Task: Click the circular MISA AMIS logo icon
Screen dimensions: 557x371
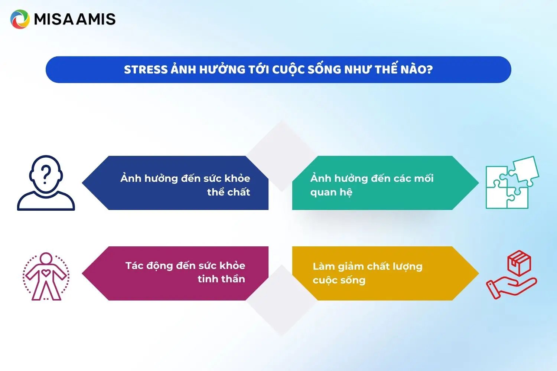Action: pyautogui.click(x=20, y=19)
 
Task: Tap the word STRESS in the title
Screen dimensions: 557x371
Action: pyautogui.click(x=146, y=70)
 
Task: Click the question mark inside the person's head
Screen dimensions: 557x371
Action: pyautogui.click(x=46, y=175)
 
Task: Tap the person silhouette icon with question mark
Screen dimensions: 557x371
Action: pyautogui.click(x=46, y=183)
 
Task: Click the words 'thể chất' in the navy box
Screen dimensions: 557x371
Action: pyautogui.click(x=228, y=192)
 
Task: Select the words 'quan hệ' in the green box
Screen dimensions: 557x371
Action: pyautogui.click(x=331, y=192)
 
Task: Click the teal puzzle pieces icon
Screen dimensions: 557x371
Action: pyautogui.click(x=512, y=183)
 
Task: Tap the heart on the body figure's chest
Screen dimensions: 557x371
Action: pyautogui.click(x=46, y=273)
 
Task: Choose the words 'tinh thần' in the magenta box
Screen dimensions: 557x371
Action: pyautogui.click(x=221, y=279)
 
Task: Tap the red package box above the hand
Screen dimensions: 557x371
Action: pyautogui.click(x=519, y=263)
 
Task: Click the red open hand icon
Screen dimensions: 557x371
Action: pyautogui.click(x=511, y=288)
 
